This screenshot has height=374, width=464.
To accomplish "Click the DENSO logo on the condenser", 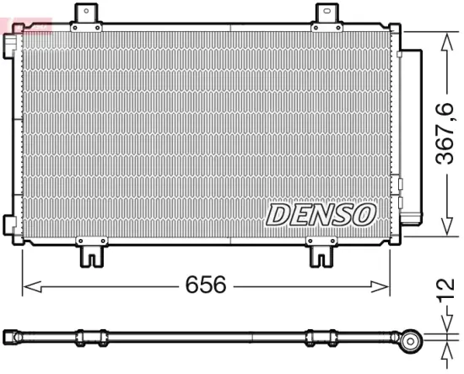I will click(321, 214).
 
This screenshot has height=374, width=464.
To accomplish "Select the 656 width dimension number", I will click(206, 285).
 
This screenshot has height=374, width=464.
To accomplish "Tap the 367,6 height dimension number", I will click(445, 133).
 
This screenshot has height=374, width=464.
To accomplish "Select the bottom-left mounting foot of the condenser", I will click(91, 251).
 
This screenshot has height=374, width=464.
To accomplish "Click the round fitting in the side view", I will click(412, 341).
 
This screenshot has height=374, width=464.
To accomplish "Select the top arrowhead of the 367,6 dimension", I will click(445, 36).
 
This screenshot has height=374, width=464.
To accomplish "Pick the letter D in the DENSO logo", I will click(279, 214).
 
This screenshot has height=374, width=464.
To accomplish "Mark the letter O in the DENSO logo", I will click(363, 214).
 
